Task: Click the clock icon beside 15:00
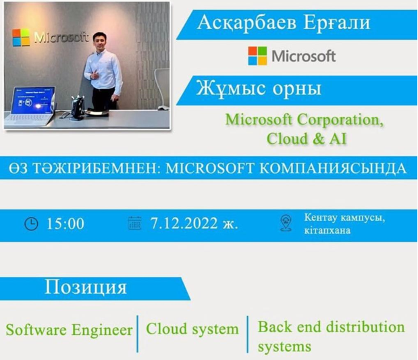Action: pos(31,224)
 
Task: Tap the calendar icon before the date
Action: pos(135,223)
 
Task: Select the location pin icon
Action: pos(286,223)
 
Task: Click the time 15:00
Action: pos(66,224)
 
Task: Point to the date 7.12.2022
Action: pos(184,223)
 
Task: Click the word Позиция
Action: pos(86,288)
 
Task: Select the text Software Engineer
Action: pos(69,330)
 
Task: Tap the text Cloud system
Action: pos(192,329)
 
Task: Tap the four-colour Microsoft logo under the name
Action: pos(257,56)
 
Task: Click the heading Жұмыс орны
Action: pos(259,88)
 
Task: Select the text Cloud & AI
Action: pos(307,139)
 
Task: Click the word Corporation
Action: pos(340,120)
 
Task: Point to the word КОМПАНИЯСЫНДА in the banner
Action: pos(333,168)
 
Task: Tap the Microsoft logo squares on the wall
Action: pos(21,38)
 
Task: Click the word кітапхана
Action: pos(328,230)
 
